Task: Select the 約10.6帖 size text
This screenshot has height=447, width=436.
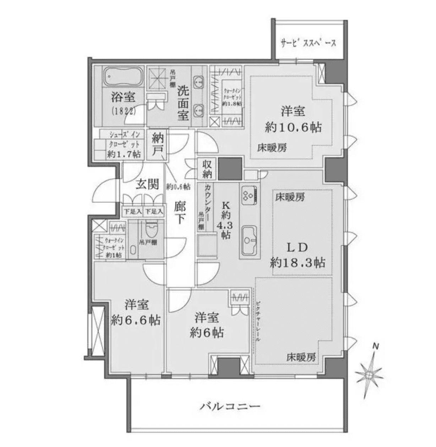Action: coord(293,127)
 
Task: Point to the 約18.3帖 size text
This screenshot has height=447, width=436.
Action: coord(298,263)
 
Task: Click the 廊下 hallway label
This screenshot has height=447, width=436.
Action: coord(180,212)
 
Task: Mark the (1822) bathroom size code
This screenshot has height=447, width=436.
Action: coord(123,111)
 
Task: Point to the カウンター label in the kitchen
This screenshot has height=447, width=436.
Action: coord(209,198)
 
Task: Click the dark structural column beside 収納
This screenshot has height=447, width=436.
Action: coord(230,169)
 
